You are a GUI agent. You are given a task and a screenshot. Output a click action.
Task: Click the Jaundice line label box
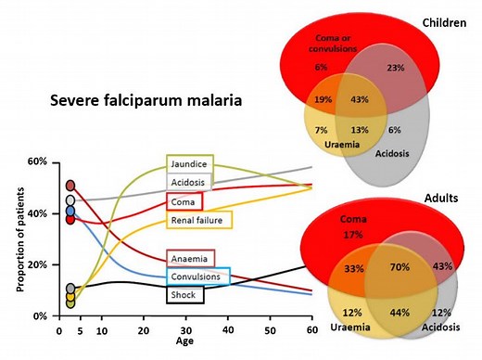tap(190, 164)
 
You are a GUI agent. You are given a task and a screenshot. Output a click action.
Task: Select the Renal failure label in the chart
tap(198, 220)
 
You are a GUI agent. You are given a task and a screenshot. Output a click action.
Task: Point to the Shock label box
tap(185, 294)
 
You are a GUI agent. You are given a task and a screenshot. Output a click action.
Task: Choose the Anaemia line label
tap(190, 257)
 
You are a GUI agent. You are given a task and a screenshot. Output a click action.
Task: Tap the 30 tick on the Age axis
tap(185, 330)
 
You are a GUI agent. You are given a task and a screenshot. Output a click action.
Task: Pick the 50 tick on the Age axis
tap(270, 330)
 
